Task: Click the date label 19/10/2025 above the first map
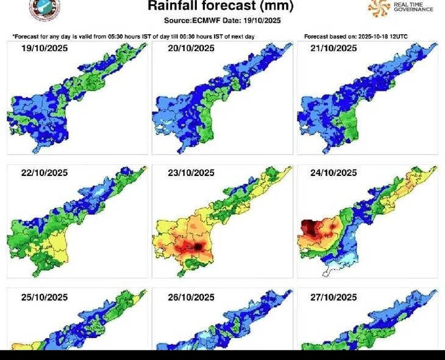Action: tap(44, 48)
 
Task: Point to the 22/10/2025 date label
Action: tap(44, 172)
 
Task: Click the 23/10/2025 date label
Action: tap(190, 172)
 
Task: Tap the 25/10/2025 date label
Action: tap(44, 297)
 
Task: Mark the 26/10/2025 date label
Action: tap(190, 297)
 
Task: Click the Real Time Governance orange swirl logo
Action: tap(379, 7)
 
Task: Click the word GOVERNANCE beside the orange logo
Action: tap(413, 9)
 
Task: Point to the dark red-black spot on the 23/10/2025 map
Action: tap(199, 245)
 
